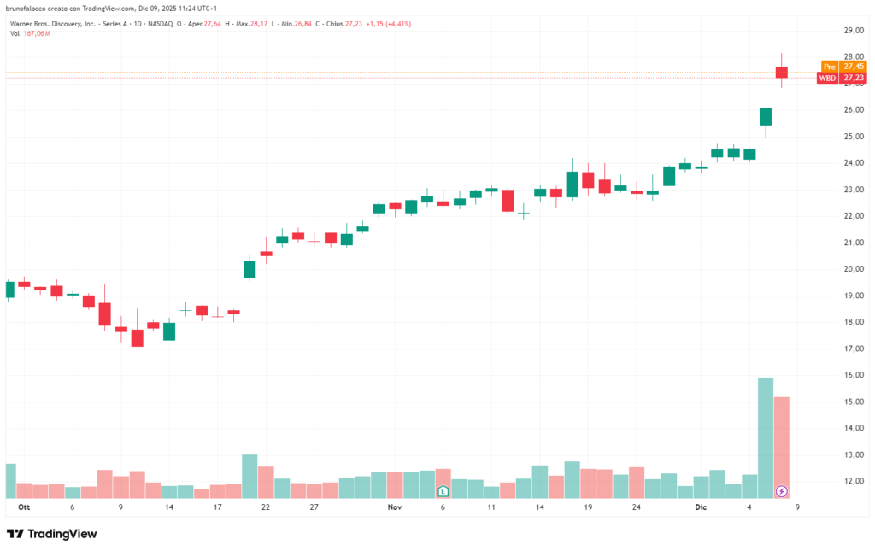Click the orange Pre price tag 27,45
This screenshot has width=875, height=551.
(842, 66)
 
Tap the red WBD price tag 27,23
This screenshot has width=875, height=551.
(841, 78)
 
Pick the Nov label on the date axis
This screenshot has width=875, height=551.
(395, 507)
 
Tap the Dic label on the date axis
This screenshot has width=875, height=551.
(701, 507)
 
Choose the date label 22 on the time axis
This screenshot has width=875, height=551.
(266, 507)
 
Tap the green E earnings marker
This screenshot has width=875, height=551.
(443, 491)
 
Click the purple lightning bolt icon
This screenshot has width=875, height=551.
(781, 491)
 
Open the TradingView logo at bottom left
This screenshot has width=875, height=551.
(52, 534)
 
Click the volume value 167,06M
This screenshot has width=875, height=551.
(37, 33)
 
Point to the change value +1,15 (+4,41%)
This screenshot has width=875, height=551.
(388, 24)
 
